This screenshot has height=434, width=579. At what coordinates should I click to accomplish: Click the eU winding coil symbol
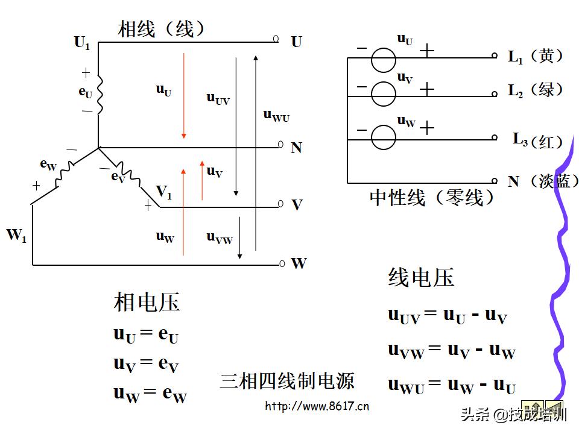click(x=100, y=94)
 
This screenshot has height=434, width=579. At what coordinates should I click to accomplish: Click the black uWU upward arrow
click(x=256, y=151)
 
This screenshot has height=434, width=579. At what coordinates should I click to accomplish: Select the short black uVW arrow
click(x=239, y=237)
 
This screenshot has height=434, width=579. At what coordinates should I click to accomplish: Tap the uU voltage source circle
click(x=383, y=60)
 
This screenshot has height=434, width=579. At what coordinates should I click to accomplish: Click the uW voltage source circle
click(x=383, y=137)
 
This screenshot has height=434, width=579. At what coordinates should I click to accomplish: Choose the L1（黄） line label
click(x=536, y=57)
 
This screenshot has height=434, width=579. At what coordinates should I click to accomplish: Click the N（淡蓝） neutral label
click(x=542, y=181)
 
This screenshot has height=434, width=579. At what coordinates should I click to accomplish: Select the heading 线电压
click(x=421, y=277)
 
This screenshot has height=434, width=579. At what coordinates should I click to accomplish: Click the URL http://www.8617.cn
click(x=317, y=406)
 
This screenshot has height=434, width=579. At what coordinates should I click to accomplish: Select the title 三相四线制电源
click(x=287, y=380)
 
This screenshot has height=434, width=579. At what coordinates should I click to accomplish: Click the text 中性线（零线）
click(x=432, y=197)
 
